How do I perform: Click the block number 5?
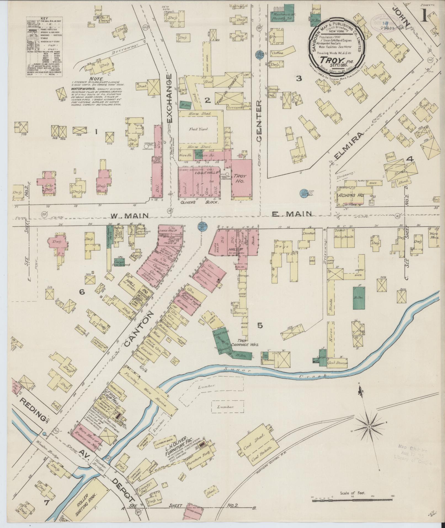(x=260, y=326)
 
